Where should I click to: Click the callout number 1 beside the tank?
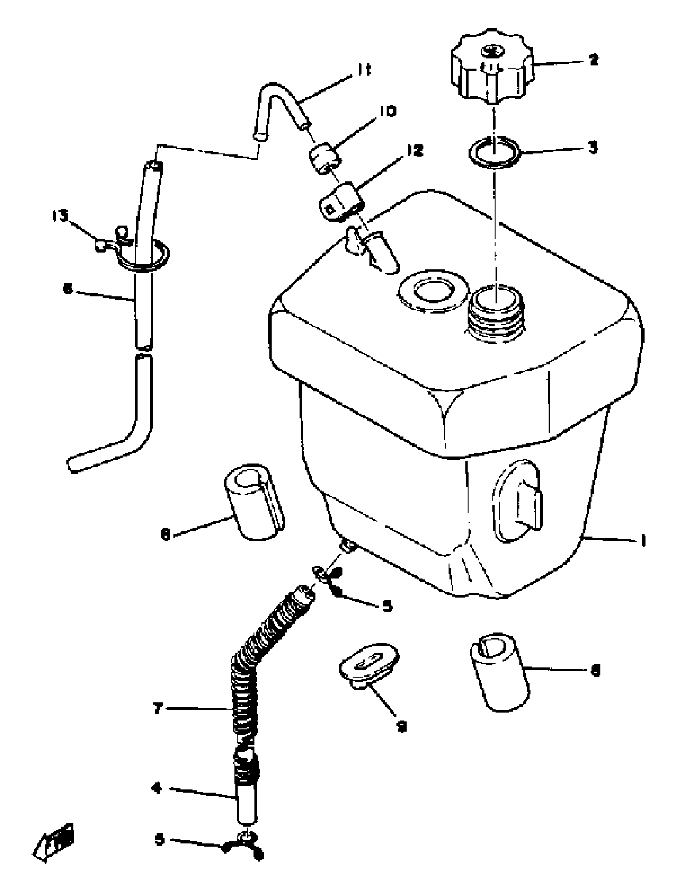(642, 540)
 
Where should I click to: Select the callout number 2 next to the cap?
(593, 60)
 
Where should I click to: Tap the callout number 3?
(592, 148)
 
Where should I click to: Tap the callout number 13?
(60, 216)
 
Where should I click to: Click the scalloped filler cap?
(492, 68)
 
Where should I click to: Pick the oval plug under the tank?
(368, 666)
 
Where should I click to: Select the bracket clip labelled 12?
(342, 202)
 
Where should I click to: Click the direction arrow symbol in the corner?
(54, 844)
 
